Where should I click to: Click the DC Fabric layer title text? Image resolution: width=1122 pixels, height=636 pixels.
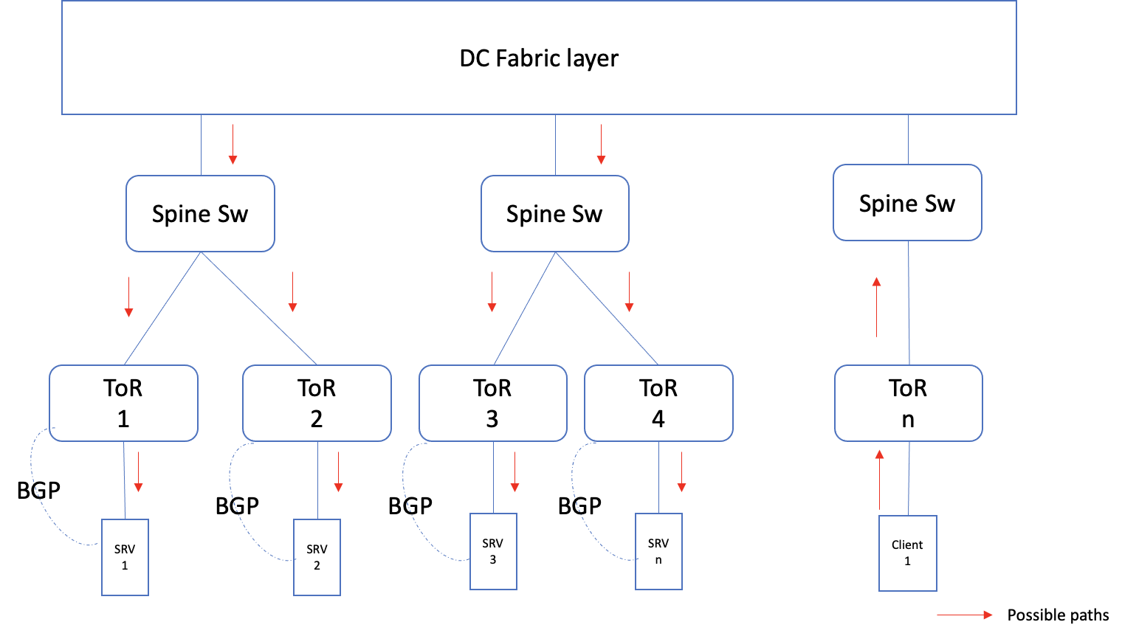point(539,58)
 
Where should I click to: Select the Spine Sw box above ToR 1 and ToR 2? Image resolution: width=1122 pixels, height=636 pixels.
point(200,214)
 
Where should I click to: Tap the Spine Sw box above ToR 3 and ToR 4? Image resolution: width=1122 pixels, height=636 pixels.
point(554,214)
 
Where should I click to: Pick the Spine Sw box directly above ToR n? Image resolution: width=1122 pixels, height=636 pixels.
point(907,203)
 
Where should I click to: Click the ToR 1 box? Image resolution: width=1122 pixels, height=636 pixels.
point(123,403)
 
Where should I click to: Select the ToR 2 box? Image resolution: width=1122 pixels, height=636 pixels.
point(317,403)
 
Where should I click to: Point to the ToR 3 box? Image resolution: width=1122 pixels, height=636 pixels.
point(492,403)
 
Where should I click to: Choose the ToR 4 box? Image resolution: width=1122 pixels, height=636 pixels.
point(658,403)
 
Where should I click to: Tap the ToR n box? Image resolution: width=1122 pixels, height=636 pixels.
point(908,403)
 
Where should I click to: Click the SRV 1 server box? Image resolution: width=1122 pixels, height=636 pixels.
point(125,557)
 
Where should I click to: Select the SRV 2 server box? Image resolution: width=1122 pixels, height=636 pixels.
point(317,557)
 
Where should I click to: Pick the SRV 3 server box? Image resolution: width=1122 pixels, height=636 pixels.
point(493,551)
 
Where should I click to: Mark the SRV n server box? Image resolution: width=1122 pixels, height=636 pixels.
point(658,551)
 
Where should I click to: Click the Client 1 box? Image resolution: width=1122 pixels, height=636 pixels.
point(907,553)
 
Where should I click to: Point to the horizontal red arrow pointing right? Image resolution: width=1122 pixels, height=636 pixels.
point(964,615)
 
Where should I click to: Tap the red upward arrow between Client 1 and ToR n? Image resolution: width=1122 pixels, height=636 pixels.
point(879,479)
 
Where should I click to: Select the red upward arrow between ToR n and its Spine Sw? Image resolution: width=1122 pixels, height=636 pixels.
point(876,307)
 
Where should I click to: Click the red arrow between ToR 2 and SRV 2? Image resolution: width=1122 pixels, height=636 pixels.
point(338,471)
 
